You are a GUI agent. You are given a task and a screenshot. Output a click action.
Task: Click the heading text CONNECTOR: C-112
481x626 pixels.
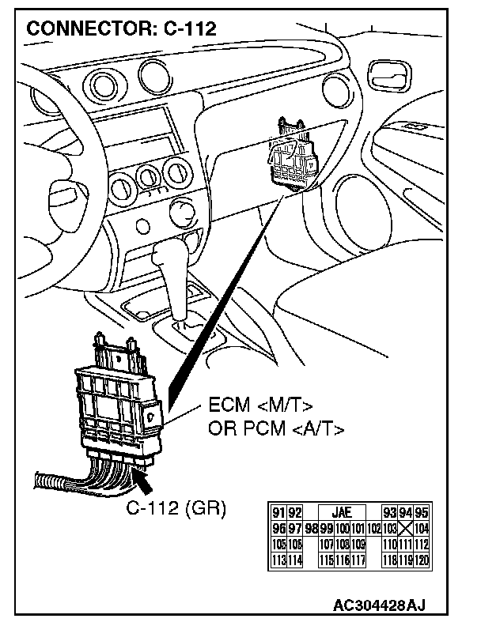121,28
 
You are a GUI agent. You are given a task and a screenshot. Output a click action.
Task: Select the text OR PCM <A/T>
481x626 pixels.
276,429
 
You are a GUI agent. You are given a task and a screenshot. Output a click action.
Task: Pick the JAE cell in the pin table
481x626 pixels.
342,513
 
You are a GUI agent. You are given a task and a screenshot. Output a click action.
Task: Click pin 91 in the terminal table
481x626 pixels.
277,513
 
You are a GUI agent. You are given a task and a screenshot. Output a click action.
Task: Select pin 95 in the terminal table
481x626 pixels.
422,513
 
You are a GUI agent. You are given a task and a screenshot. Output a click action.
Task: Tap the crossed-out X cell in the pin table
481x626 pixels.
406,526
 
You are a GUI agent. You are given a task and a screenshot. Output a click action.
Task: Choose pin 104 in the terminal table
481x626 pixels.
422,526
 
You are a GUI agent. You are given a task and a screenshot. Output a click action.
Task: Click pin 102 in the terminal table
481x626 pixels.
374,526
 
